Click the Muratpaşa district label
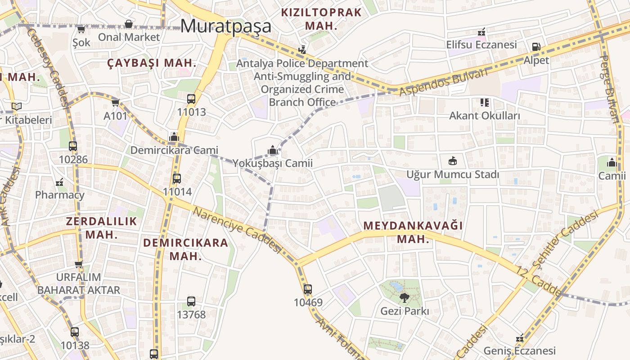click(226, 26)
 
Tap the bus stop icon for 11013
click(191, 99)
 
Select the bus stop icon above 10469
click(308, 289)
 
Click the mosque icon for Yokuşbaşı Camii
click(272, 150)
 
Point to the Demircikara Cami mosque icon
click(174, 137)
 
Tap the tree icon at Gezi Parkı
click(405, 297)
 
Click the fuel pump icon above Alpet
click(536, 47)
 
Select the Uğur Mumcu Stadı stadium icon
click(453, 161)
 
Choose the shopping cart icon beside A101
click(116, 103)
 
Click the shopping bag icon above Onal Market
click(129, 24)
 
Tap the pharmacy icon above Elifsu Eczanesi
click(481, 32)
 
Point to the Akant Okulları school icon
click(484, 103)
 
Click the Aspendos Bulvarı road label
click(443, 82)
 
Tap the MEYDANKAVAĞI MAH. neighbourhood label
click(413, 232)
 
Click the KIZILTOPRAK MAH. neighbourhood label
click(321, 19)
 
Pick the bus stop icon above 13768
click(191, 301)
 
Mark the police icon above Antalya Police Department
click(302, 50)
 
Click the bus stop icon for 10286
click(73, 146)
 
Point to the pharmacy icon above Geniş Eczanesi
click(520, 337)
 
